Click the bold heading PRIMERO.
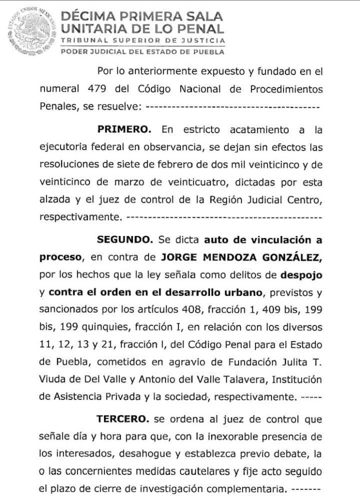[x=127, y=128]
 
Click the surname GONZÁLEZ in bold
[x=284, y=257]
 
